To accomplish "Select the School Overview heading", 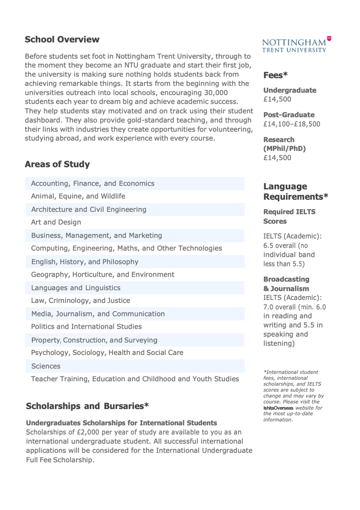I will pos(62,39).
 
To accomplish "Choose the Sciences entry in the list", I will pos(45,365).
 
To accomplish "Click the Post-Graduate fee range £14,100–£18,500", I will pos(292,124).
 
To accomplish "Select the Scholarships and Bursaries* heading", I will pos(87,406).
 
